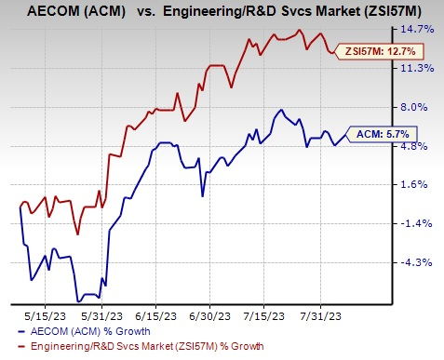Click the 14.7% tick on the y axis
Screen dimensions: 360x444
[417, 30]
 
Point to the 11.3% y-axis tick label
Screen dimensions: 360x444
[417, 68]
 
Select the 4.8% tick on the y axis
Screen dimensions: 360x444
[417, 146]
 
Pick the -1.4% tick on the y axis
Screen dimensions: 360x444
[417, 223]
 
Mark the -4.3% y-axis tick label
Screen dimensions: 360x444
[417, 262]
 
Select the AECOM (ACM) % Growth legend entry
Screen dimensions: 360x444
[75, 330]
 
